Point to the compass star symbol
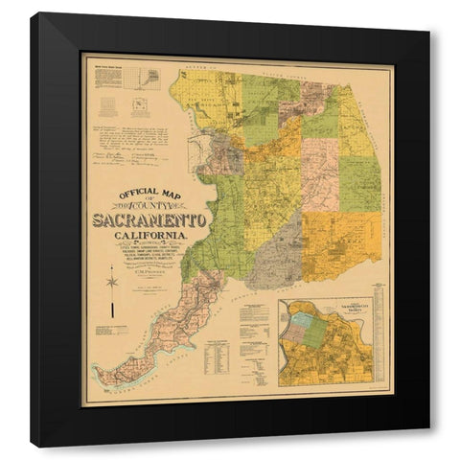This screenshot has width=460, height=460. click(x=113, y=282)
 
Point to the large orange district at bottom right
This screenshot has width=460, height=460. click(x=340, y=245)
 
